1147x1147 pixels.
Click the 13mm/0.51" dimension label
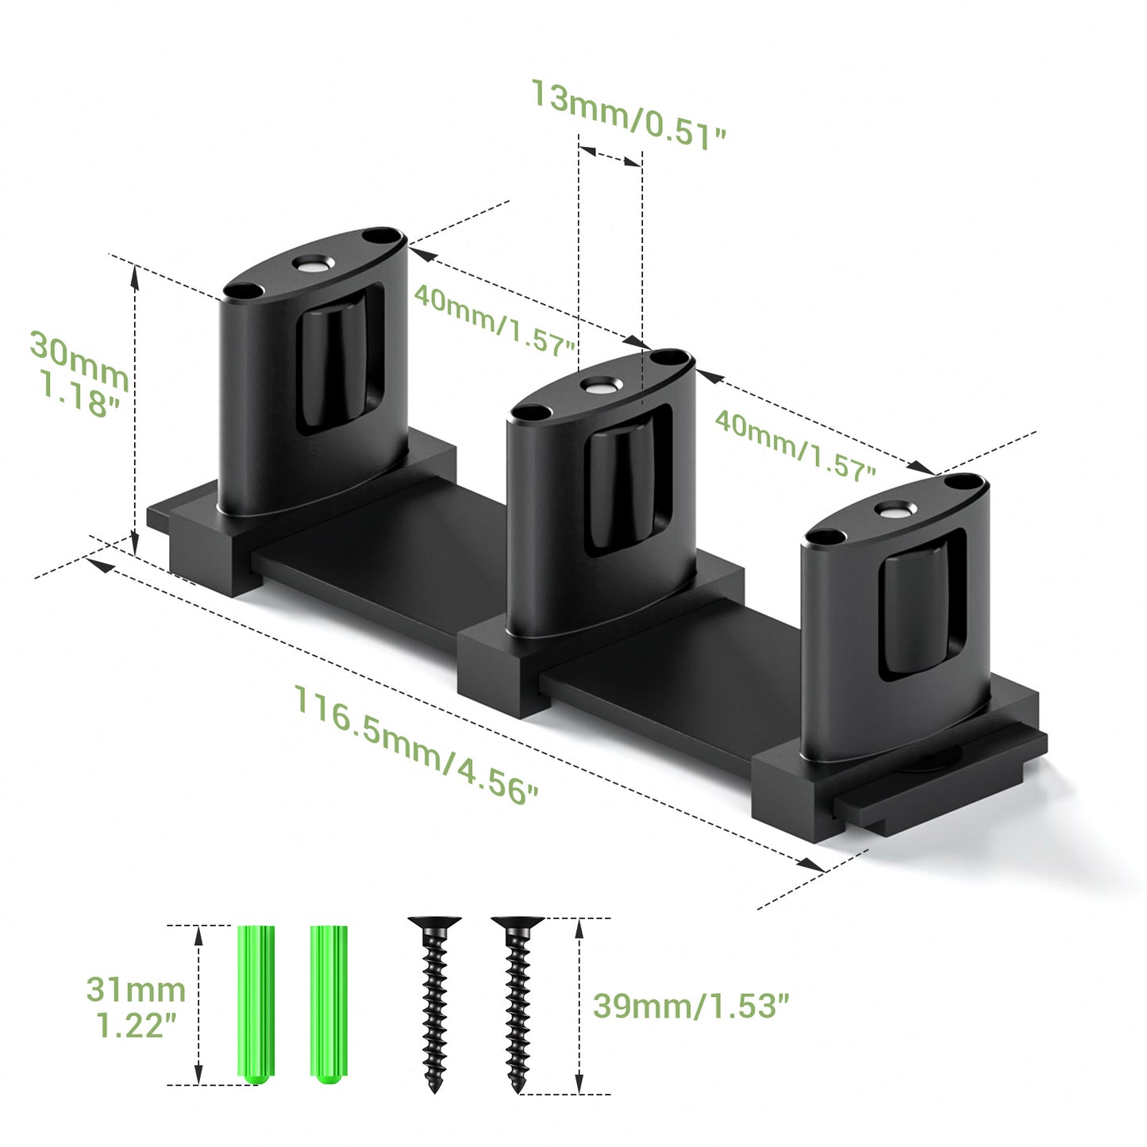627,113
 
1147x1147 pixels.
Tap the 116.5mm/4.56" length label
416,745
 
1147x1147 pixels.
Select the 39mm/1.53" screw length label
691,1006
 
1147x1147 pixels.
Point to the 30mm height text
79,357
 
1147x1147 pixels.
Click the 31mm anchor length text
136,990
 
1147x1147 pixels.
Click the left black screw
434,1000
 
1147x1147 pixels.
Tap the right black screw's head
517,926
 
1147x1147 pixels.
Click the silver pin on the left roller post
313,265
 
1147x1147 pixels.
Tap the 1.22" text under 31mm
136,1025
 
